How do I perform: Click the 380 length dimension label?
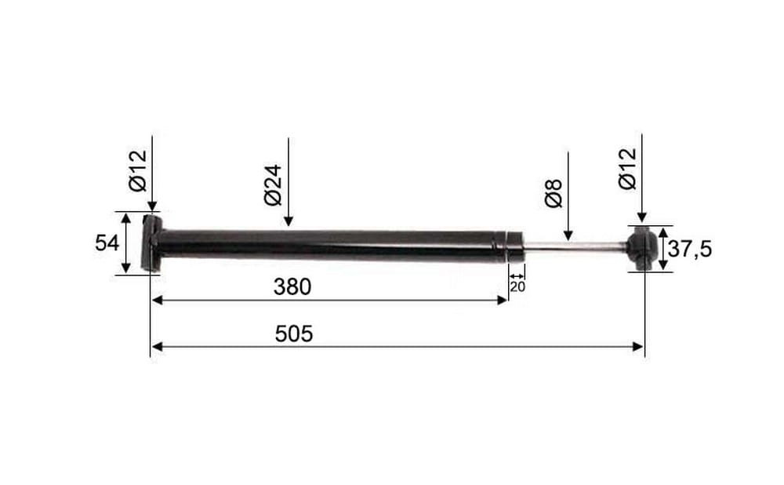tap(292, 286)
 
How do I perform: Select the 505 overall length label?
tap(294, 334)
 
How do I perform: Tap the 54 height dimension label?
tap(107, 243)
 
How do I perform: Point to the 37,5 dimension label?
tap(689, 249)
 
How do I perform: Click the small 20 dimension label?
tap(517, 287)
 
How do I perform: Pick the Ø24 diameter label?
tap(273, 184)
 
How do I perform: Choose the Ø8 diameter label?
tap(554, 193)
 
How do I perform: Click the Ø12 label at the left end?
tap(138, 170)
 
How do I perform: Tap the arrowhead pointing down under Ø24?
tap(288, 221)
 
